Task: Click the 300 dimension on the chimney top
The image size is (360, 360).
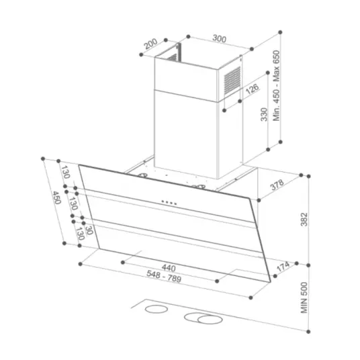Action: [x=219, y=38]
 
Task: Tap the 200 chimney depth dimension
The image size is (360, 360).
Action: [x=151, y=44]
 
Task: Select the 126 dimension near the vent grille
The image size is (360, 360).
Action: [x=252, y=89]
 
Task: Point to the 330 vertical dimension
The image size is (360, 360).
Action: [x=264, y=114]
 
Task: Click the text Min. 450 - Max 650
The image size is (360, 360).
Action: [x=277, y=86]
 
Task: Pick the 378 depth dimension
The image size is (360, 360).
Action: [x=277, y=185]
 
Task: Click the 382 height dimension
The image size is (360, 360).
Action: [x=304, y=220]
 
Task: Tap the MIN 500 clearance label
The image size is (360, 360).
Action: [x=304, y=298]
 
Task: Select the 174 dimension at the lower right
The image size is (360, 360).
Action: [x=283, y=267]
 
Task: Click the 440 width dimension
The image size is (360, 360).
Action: [x=169, y=268]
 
